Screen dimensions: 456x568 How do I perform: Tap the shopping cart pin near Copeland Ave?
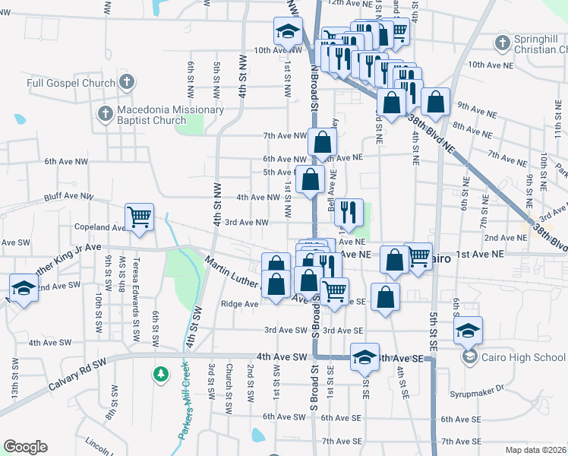point(140,217)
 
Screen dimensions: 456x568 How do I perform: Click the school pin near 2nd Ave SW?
point(24,288)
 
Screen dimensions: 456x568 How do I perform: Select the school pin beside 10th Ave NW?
point(288,32)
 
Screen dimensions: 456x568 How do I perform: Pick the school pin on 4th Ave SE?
point(364,357)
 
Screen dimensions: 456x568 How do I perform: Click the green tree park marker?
point(160,373)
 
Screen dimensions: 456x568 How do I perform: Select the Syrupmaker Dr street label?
point(488,389)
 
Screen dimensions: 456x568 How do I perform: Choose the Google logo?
point(24,447)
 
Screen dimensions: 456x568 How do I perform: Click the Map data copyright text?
point(535,450)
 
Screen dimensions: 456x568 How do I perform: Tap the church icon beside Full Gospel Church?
point(126,81)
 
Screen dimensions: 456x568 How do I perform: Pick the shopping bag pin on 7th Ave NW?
point(322,141)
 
